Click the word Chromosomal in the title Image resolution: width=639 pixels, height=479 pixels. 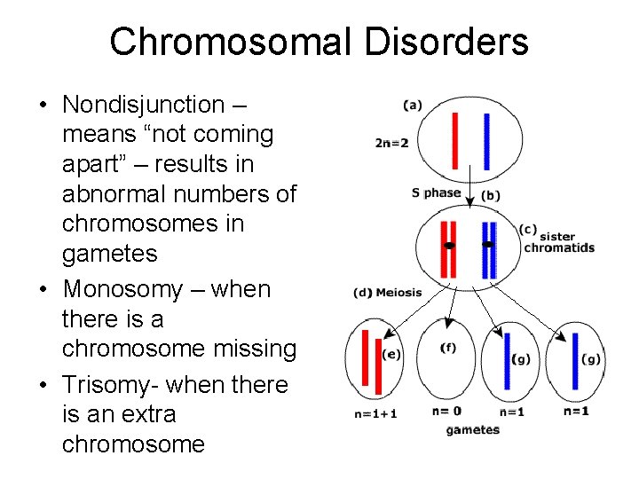pos(223,42)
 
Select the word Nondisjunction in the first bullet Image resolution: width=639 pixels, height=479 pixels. pos(144,105)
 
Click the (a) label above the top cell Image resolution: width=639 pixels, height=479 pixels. pos(412,105)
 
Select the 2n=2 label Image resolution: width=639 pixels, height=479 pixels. pos(392,142)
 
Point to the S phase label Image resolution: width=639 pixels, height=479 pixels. pos(436,192)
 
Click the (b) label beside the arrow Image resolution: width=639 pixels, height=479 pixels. pos(490,195)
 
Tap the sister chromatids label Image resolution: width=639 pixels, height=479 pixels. pos(558,242)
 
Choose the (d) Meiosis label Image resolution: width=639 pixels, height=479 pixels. pos(388,293)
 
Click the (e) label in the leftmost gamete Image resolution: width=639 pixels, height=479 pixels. pos(391,354)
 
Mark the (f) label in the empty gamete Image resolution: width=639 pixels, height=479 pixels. pos(448,348)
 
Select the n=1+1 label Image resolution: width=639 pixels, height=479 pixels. pos(375,413)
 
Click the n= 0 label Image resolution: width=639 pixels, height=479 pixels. pos(447,412)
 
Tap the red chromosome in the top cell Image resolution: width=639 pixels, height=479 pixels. pos(454,140)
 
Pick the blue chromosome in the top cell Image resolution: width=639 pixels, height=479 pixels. pos(486,142)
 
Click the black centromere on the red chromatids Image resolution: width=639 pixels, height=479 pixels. pos(449,245)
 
